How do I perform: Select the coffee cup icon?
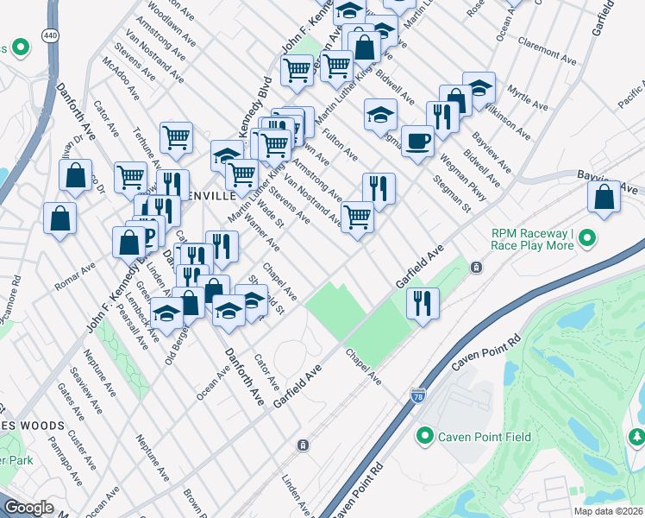click(x=417, y=141)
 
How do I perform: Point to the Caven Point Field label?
click(x=483, y=437)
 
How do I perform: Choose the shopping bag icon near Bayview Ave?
click(x=604, y=196)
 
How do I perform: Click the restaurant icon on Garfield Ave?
click(x=423, y=303)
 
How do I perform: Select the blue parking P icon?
click(x=149, y=235)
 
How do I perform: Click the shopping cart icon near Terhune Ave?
click(x=176, y=136)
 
